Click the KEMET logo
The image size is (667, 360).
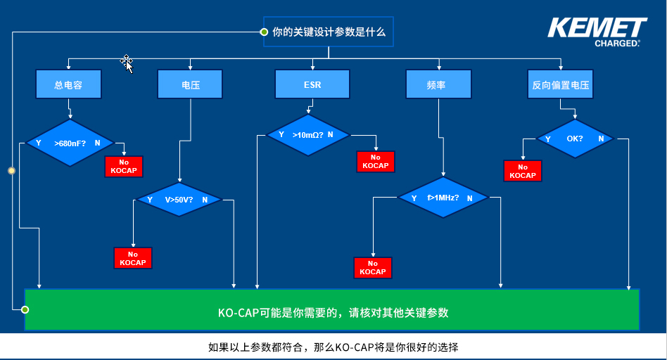click(597, 32)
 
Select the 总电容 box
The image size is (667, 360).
click(68, 84)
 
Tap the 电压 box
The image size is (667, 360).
click(190, 84)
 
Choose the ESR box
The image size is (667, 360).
click(312, 84)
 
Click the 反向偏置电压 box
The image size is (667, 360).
click(560, 84)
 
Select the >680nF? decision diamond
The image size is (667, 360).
click(70, 143)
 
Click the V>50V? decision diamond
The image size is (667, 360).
click(179, 199)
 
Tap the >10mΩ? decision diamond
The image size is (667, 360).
click(307, 134)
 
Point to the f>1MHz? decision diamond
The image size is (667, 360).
click(443, 198)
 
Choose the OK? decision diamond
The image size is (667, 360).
click(575, 139)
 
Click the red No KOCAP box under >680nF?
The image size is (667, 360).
click(124, 167)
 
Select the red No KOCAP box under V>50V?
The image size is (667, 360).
click(133, 258)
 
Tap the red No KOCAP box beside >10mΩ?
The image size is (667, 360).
click(376, 162)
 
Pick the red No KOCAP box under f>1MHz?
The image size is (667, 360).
click(372, 268)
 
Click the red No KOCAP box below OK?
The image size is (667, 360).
click(523, 171)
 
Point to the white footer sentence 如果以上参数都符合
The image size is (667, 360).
click(333, 347)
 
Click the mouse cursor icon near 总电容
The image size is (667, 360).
click(127, 63)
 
